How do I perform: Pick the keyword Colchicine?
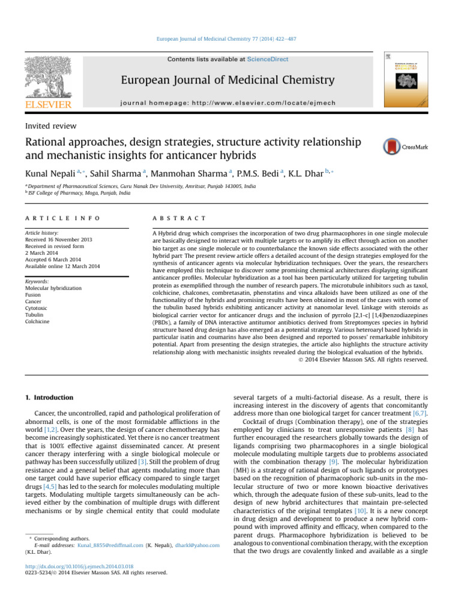37,322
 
